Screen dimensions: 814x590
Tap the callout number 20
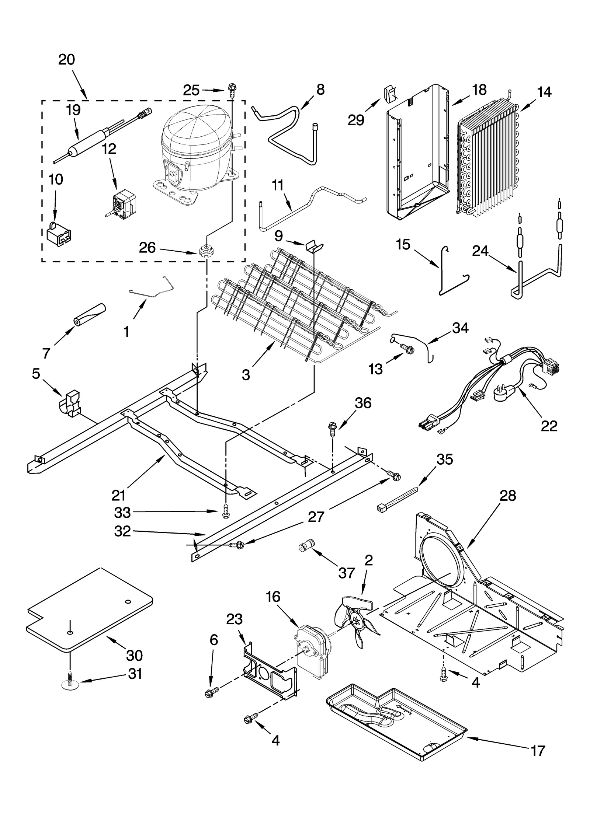pos(67,59)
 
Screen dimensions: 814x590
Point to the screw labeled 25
pos(232,89)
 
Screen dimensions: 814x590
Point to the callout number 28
pos(507,496)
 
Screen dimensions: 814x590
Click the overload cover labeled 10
pos(59,233)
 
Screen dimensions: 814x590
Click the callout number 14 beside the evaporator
pos(544,92)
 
